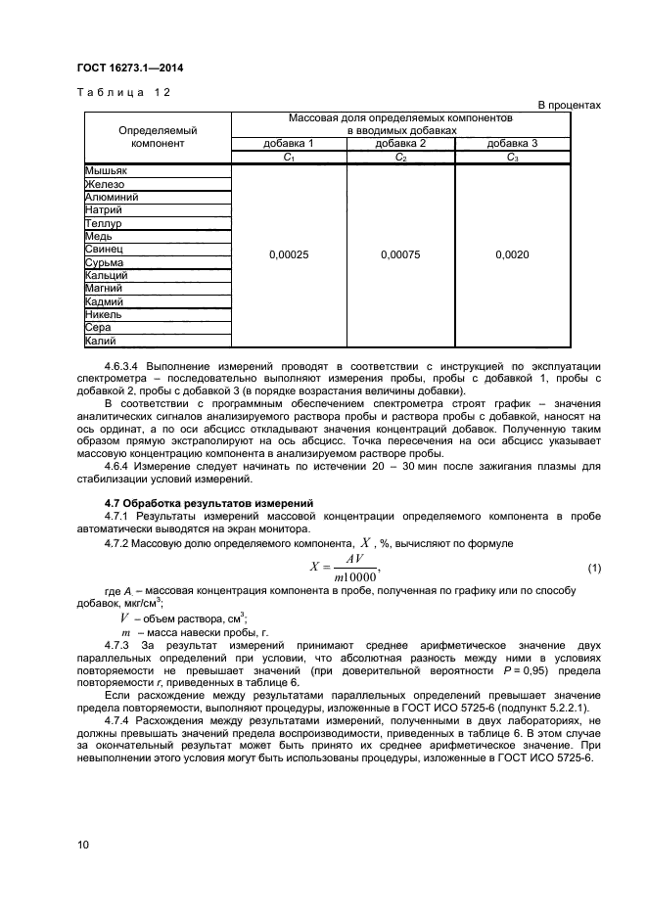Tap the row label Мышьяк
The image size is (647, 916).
pos(106,170)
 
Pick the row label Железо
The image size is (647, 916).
pos(105,184)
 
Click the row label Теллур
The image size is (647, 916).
pos(103,223)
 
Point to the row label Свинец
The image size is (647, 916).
pos(104,250)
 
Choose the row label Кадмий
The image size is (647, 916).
pos(105,302)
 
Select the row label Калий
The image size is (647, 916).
pos(102,342)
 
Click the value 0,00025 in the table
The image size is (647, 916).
pos(289,254)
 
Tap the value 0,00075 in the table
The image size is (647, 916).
pos(400,254)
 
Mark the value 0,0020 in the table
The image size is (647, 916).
pos(513,254)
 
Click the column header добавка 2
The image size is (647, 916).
pos(400,143)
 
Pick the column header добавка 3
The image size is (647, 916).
pos(513,143)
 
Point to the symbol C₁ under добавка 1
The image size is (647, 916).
pos(289,157)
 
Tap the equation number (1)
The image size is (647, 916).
pos(593,569)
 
